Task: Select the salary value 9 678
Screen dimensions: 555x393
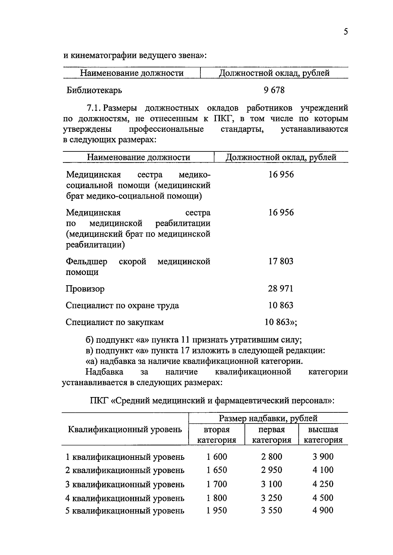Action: point(274,90)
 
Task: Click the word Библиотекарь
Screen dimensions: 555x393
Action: point(94,90)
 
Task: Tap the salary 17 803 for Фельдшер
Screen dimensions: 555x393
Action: point(281,261)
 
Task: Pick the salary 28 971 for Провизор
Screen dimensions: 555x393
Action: point(281,288)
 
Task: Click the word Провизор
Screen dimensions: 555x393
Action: point(85,289)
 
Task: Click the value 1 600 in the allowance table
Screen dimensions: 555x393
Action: point(217,457)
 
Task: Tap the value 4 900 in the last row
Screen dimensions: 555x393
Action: point(323,510)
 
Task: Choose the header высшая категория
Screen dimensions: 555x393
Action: point(323,435)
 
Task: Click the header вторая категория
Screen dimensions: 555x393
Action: point(217,435)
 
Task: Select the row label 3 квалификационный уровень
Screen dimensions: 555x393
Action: point(125,484)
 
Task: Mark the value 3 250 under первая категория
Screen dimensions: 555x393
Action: point(271,498)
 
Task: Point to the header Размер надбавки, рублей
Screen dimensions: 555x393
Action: point(268,418)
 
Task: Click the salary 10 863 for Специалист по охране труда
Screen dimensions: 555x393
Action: point(281,305)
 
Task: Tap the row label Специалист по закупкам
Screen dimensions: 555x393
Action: point(115,322)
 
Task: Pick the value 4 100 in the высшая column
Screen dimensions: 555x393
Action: point(323,470)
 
